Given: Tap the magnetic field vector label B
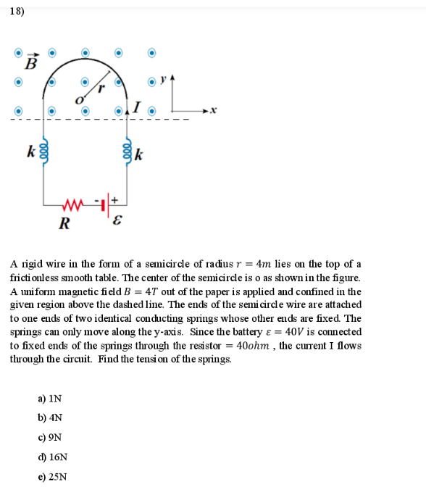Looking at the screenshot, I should tap(30, 62).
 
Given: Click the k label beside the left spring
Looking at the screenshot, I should tap(30, 152).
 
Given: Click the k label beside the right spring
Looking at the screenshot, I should tap(139, 154).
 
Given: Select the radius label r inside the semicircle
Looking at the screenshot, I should tap(101, 88).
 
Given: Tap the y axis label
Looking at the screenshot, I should tap(163, 78).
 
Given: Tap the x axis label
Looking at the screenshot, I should tap(214, 111).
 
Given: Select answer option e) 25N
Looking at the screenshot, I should tap(51, 477).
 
